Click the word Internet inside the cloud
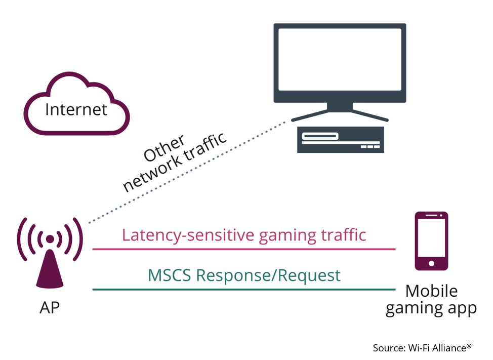[76, 109]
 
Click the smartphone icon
[431, 241]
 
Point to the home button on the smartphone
[431, 263]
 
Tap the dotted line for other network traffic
[187, 172]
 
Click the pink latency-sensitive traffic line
[243, 249]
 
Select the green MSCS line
[243, 290]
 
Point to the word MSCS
[169, 275]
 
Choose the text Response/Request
[268, 276]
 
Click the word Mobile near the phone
[431, 291]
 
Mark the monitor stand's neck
[340, 107]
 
